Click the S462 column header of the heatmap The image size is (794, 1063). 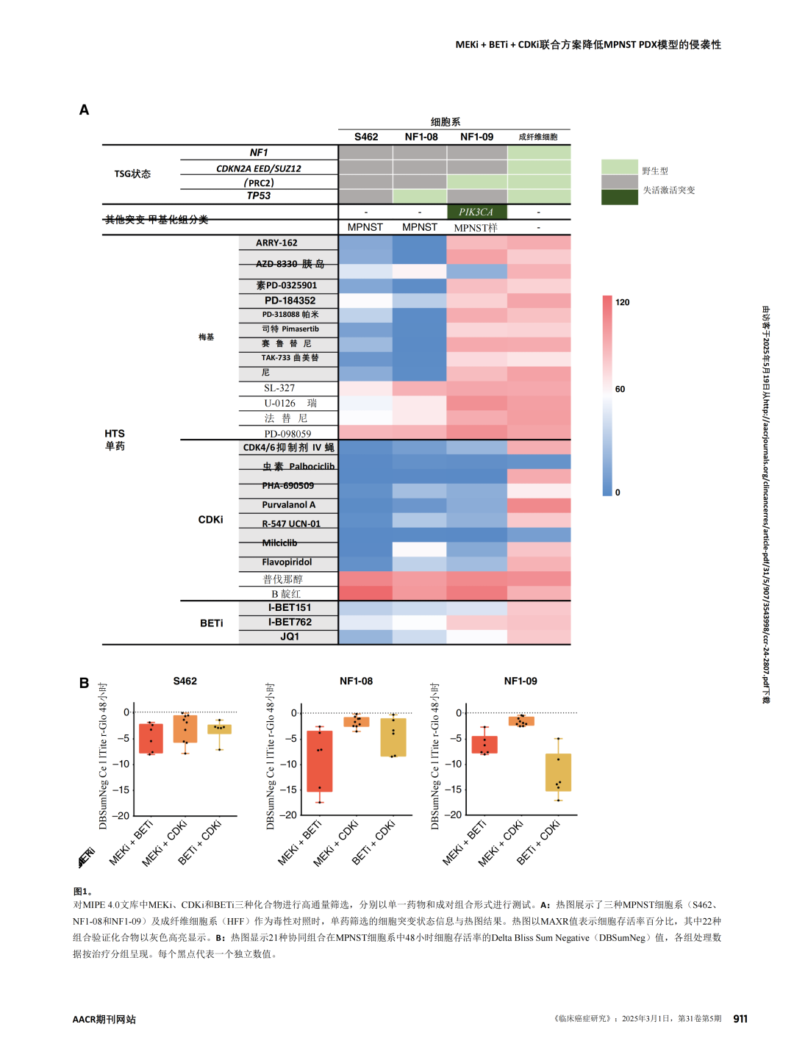pyautogui.click(x=366, y=137)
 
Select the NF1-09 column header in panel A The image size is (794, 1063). pyautogui.click(x=476, y=137)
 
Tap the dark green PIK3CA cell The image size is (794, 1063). pyautogui.click(x=476, y=212)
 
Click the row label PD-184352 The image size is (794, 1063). pyautogui.click(x=290, y=301)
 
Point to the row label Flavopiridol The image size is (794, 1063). pyautogui.click(x=287, y=562)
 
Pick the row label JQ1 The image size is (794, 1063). pyautogui.click(x=290, y=637)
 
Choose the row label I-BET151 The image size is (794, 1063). pyautogui.click(x=290, y=608)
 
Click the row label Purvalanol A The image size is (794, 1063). pyautogui.click(x=288, y=505)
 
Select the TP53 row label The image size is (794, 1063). pyautogui.click(x=259, y=196)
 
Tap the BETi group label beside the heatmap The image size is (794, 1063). pyautogui.click(x=212, y=623)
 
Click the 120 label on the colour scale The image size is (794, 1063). pyautogui.click(x=623, y=302)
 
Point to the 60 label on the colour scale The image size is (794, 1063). pyautogui.click(x=620, y=389)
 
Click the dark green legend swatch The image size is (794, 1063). pyautogui.click(x=620, y=197)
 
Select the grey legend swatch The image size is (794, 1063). pyautogui.click(x=620, y=182)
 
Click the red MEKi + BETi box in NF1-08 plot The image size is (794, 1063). pyautogui.click(x=320, y=761)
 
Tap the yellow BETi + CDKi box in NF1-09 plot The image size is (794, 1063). pyautogui.click(x=558, y=772)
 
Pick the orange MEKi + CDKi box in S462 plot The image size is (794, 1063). pyautogui.click(x=185, y=729)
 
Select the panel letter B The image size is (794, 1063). pyautogui.click(x=85, y=683)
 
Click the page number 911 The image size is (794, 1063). pyautogui.click(x=740, y=1019)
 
